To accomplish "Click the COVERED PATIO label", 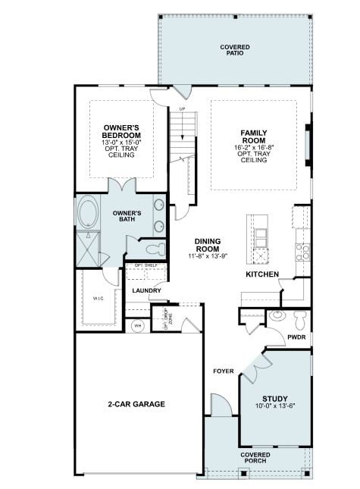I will coord(235,51).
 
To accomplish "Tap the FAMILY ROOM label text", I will coord(255,137).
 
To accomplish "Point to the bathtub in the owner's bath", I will coord(88,213).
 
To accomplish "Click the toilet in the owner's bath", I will coord(152,249).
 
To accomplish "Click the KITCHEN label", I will coord(261,274).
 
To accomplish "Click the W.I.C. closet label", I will coord(99,298).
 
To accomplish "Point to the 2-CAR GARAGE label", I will coord(136,404).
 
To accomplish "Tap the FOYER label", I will coord(223,371).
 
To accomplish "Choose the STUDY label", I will coord(274,399).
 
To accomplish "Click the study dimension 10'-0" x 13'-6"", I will coord(274,407).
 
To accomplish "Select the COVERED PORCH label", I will coord(255,458).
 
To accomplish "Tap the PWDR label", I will coord(296,337).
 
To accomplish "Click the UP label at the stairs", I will coord(182,110).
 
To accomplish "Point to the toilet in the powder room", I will coord(299,315).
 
